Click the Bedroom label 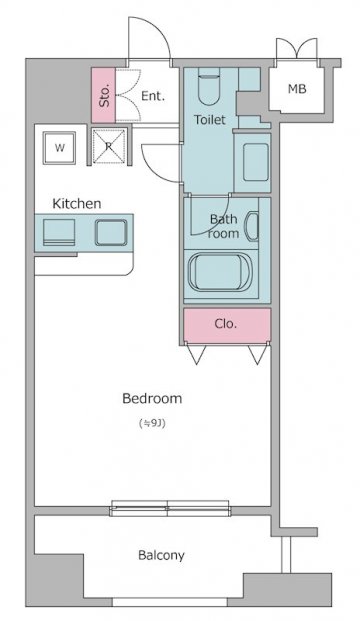(x=152, y=398)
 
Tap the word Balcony (x=161, y=555)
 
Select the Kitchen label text (x=77, y=204)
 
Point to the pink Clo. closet (x=227, y=326)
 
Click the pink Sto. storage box (x=103, y=95)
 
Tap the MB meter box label (x=297, y=89)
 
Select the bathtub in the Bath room (x=220, y=272)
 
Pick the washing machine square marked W (x=59, y=148)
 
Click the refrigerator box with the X (x=109, y=146)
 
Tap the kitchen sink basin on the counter (x=111, y=232)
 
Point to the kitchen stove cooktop (x=59, y=232)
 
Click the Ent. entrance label (x=153, y=96)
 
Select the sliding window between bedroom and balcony (x=170, y=509)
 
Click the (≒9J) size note (x=152, y=423)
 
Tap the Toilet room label (x=210, y=119)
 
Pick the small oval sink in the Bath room (x=251, y=227)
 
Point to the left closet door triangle (x=196, y=354)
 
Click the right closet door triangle (x=257, y=354)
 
